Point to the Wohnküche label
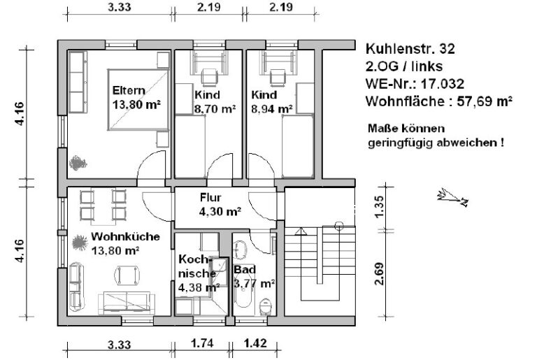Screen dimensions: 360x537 (x=125, y=236)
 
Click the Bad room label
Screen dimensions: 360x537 (x=245, y=269)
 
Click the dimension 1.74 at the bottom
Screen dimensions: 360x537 (x=203, y=344)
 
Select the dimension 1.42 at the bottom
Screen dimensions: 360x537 (x=255, y=344)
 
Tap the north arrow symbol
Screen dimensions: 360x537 (x=451, y=198)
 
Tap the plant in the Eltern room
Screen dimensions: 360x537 (x=77, y=163)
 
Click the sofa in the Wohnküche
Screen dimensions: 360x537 (x=126, y=301)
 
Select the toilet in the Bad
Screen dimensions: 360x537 (x=265, y=305)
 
